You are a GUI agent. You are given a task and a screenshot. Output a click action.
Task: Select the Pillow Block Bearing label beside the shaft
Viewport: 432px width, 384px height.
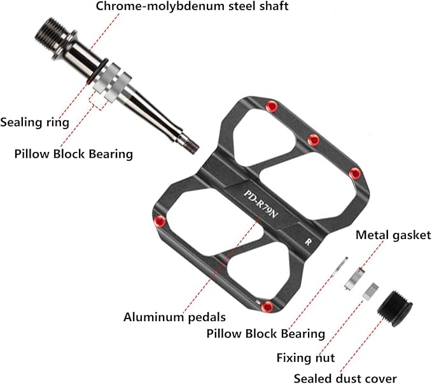click(x=73, y=153)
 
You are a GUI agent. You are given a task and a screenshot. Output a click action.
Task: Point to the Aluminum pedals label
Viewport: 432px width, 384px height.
click(x=174, y=316)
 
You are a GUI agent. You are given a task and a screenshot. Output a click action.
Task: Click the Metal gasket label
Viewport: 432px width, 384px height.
click(x=393, y=235)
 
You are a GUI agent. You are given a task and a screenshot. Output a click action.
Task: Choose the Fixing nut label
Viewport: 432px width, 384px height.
click(x=305, y=358)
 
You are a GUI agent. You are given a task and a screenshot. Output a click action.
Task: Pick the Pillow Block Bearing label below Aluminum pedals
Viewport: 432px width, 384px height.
click(x=266, y=333)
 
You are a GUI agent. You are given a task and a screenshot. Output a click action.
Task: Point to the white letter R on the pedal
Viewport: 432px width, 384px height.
click(x=307, y=242)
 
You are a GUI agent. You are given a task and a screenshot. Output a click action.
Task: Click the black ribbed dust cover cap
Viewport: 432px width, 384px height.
click(x=394, y=306)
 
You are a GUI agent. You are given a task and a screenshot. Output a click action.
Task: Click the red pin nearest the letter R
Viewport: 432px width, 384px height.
click(x=355, y=174)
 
